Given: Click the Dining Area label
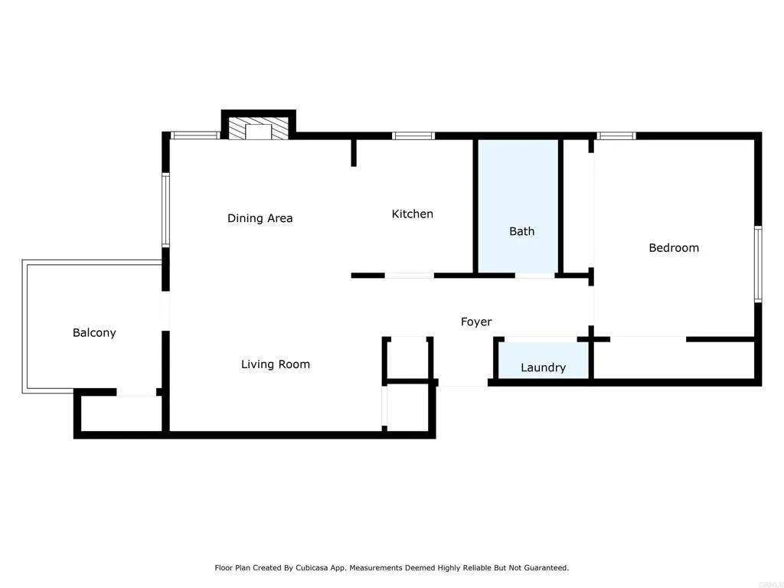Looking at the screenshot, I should tap(260, 218).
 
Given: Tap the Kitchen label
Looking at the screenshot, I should tap(412, 214).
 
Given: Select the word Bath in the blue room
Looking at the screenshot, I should tap(521, 231).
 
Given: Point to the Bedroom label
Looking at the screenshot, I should tap(673, 247).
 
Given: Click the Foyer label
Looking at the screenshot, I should tap(475, 322).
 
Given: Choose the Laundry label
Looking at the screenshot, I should tap(543, 367).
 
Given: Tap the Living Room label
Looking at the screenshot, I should tap(275, 364).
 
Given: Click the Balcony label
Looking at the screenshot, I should tap(94, 332).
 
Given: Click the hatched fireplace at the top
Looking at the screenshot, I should tap(258, 129).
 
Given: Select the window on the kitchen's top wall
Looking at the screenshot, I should tap(413, 136).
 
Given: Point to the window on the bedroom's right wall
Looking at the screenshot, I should tap(757, 264).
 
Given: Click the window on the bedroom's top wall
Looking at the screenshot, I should tap(616, 136).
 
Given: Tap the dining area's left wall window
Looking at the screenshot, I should tap(165, 211).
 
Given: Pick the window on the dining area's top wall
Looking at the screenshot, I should tap(194, 136).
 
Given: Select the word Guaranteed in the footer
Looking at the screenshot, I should tap(544, 568).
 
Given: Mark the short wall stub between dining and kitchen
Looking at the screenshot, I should tap(354, 152).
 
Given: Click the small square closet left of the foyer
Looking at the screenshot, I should tap(407, 358).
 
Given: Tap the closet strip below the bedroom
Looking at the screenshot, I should tap(674, 359).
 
